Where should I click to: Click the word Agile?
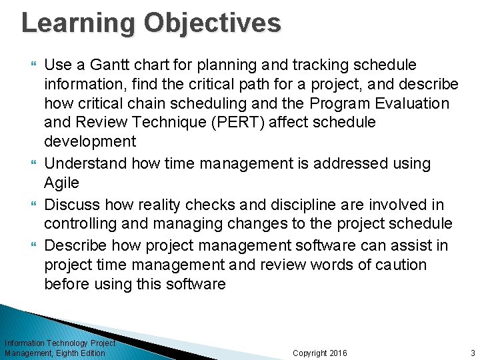61,183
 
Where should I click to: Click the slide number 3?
472,353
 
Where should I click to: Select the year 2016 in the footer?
337,353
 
